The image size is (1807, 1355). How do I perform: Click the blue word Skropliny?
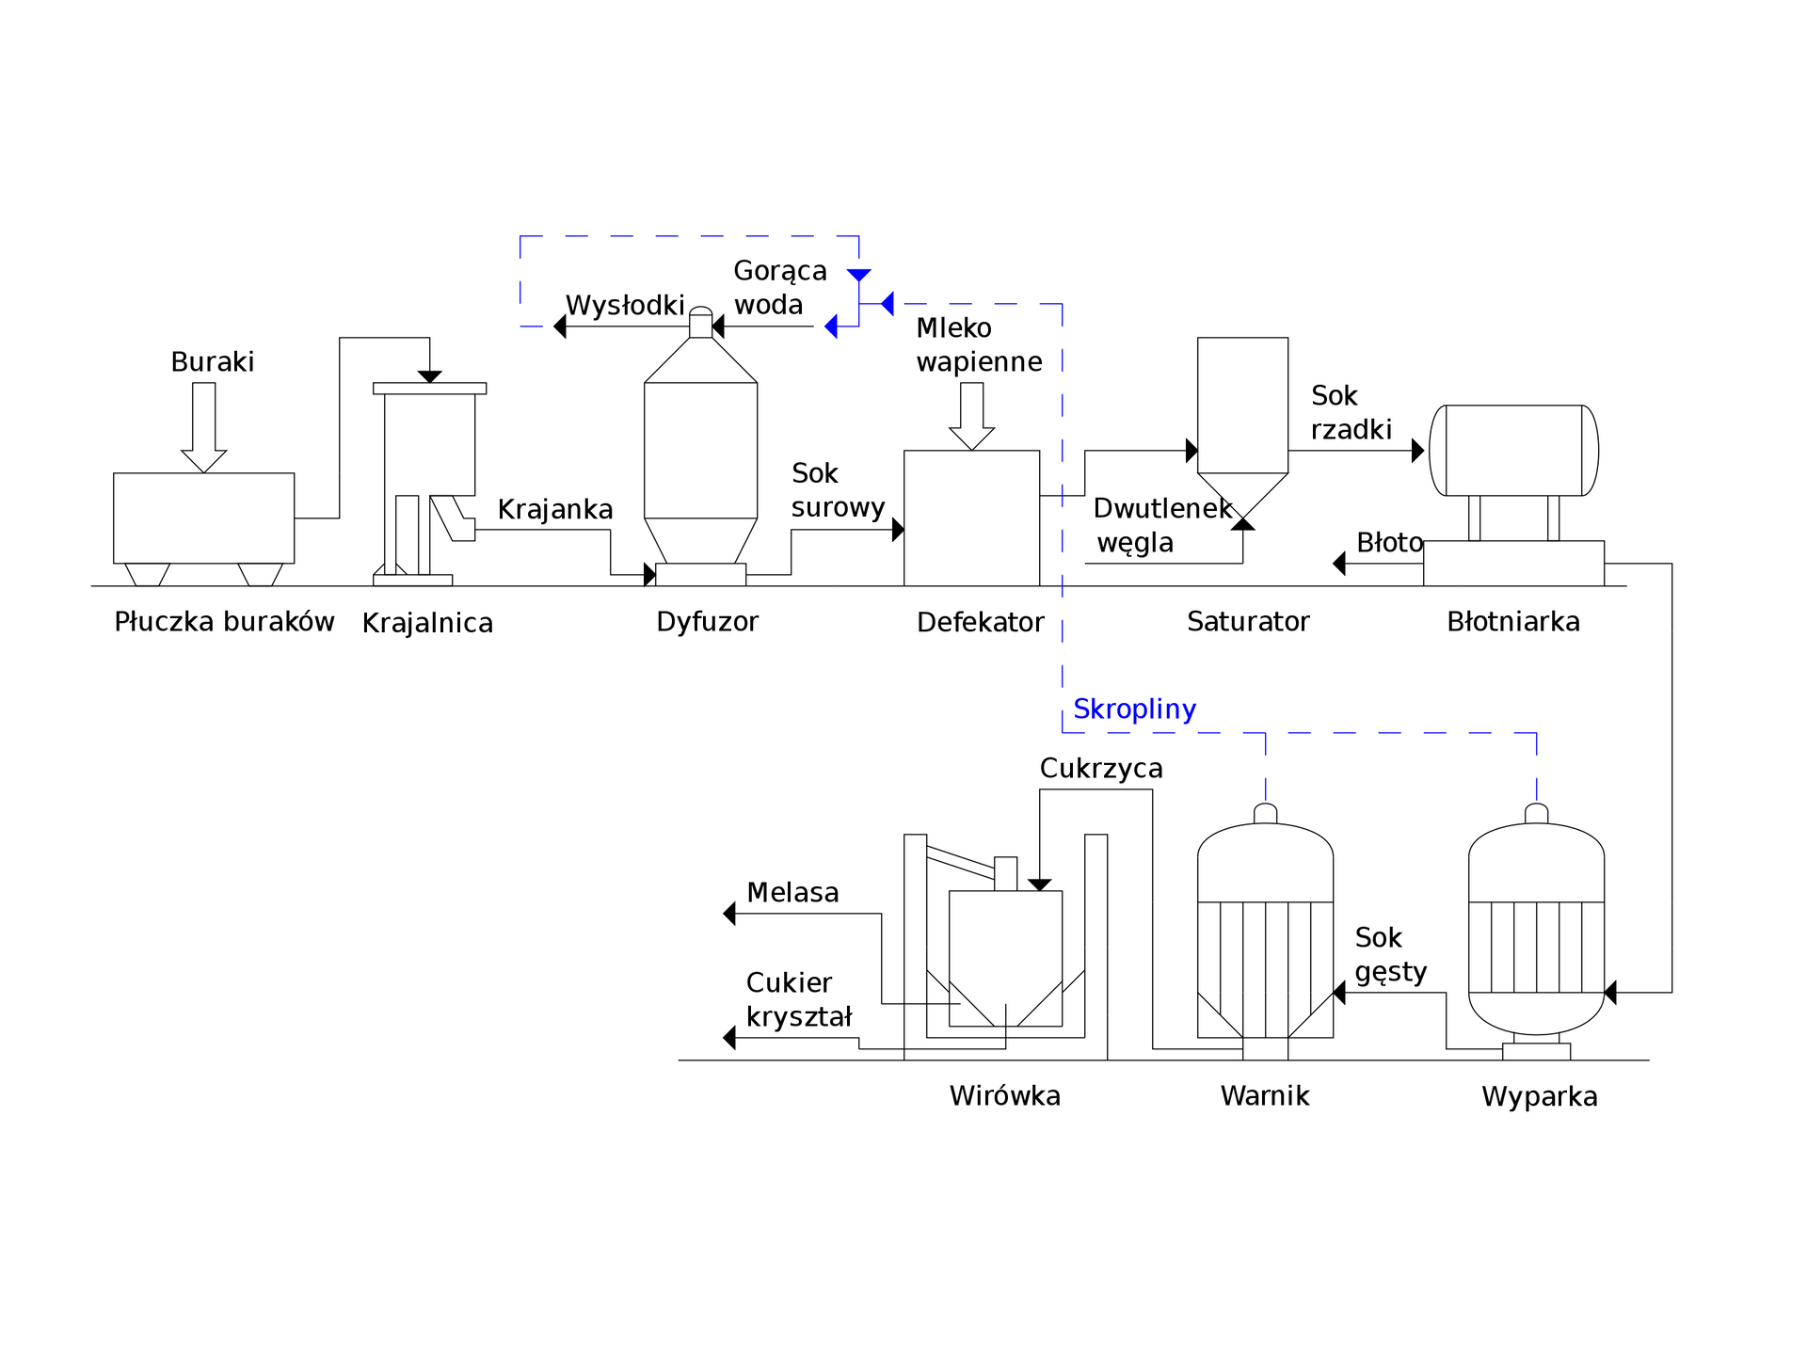(1134, 709)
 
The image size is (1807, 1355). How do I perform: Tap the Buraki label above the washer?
(213, 362)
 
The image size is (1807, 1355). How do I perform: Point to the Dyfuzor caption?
(707, 622)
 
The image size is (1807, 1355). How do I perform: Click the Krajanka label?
(555, 510)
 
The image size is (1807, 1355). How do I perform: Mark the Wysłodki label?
(625, 306)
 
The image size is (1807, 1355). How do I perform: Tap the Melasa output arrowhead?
(729, 914)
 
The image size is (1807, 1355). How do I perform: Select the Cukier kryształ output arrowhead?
(729, 1038)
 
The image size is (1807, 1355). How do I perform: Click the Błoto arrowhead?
(1339, 564)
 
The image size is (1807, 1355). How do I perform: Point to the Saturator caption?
(1248, 622)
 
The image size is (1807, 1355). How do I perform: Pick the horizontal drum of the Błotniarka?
(1513, 451)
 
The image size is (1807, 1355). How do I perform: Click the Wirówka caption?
(1005, 1096)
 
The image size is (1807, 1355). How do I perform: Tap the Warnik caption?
(1265, 1096)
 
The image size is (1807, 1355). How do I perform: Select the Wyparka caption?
(1540, 1097)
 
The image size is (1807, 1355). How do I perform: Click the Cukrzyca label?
(1101, 769)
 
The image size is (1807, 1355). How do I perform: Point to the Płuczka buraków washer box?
(203, 518)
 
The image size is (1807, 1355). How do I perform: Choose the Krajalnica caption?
(427, 623)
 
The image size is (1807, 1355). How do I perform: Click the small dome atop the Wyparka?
(1537, 814)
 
